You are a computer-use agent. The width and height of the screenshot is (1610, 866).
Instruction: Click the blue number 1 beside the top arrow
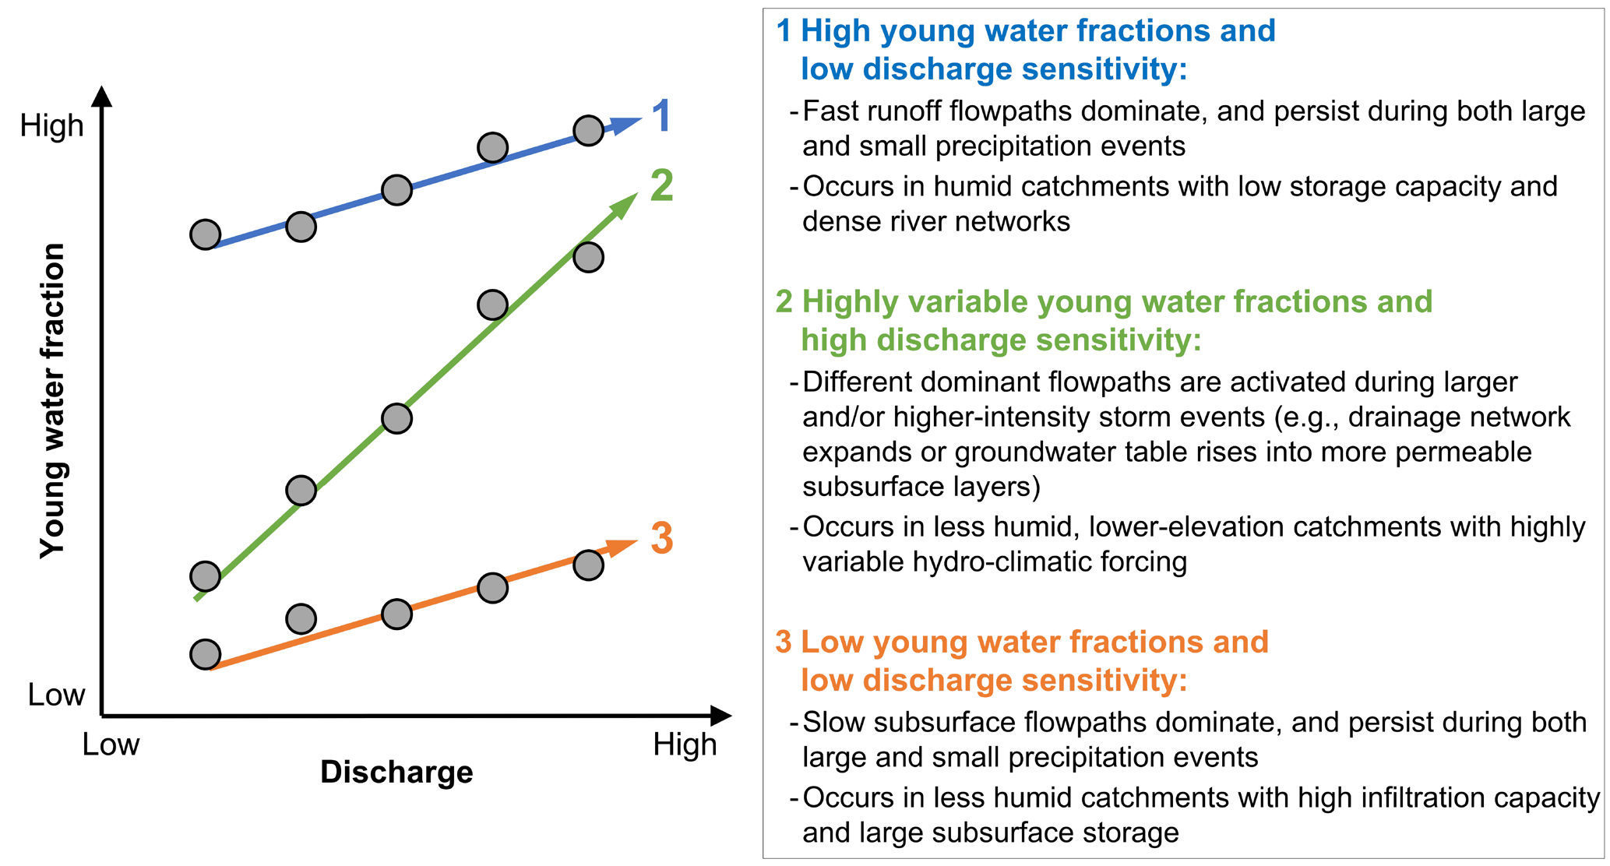(661, 116)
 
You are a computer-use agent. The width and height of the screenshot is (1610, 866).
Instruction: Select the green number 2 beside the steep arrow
(661, 185)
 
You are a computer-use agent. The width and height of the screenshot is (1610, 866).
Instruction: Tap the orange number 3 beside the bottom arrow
(662, 538)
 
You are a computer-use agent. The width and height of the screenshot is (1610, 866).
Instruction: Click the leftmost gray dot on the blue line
(206, 234)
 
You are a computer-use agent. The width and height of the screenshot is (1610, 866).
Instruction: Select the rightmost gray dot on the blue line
(589, 131)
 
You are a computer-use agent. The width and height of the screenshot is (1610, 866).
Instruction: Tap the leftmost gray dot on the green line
(206, 576)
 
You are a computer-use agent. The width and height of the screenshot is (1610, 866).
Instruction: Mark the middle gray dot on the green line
(397, 418)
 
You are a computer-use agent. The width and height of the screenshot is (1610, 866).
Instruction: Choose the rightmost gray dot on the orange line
(589, 565)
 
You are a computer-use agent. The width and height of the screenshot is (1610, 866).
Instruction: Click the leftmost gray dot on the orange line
(206, 655)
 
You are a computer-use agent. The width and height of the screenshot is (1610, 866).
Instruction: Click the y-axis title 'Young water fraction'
(53, 401)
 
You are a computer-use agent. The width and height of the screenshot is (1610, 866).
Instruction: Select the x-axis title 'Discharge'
(396, 773)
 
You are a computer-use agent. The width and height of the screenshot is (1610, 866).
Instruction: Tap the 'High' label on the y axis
(51, 125)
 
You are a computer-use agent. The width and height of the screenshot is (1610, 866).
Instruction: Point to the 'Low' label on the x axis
(111, 745)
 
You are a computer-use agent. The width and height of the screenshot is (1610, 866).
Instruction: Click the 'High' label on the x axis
(685, 745)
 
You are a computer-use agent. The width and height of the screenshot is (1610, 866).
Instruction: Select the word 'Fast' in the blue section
(831, 111)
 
